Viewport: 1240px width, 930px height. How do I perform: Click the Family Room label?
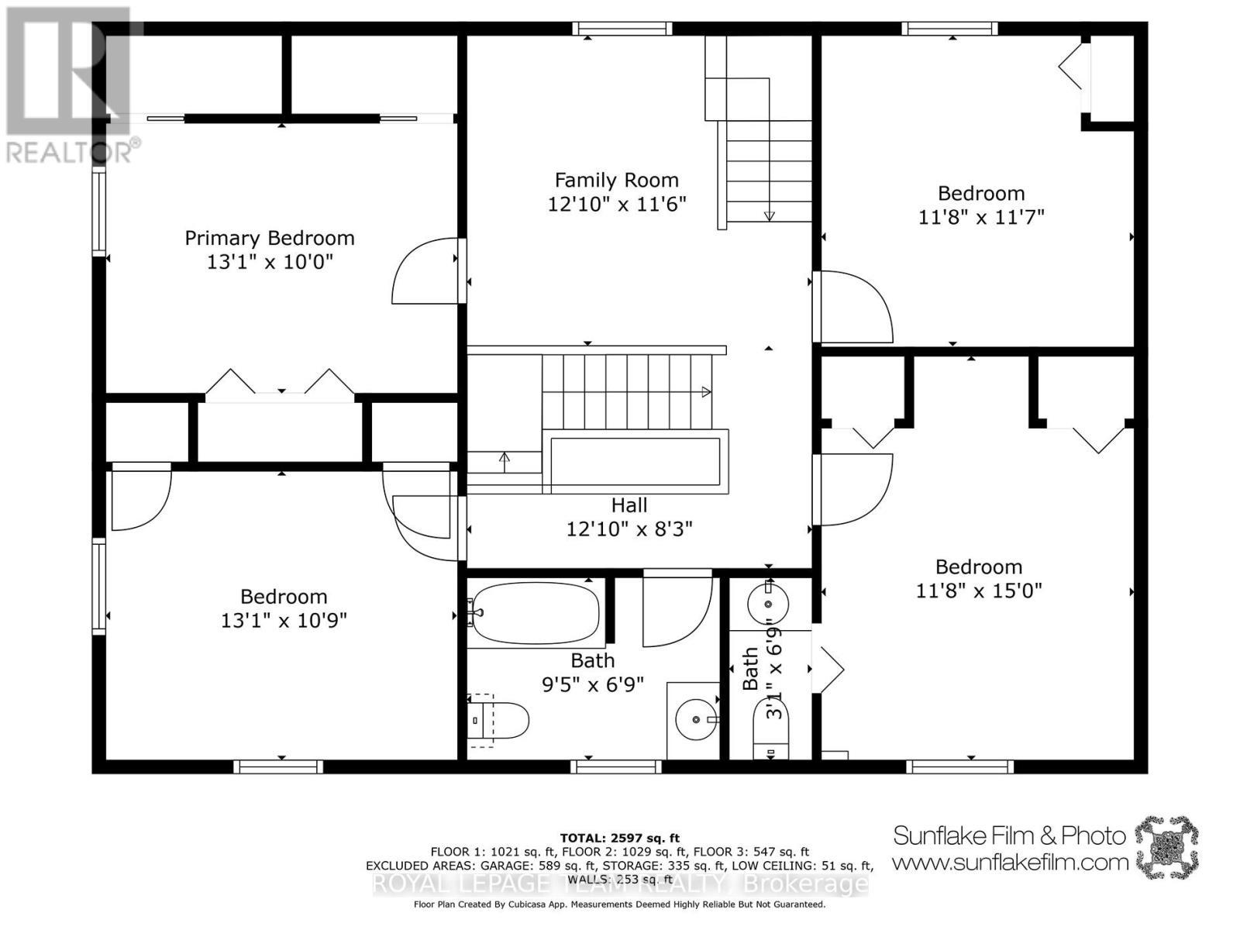click(616, 181)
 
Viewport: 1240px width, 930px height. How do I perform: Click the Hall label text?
click(629, 505)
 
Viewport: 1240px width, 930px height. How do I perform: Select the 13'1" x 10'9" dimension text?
click(283, 621)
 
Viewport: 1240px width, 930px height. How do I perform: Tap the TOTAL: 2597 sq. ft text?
click(619, 838)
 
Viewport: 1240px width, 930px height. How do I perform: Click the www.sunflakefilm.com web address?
click(1010, 862)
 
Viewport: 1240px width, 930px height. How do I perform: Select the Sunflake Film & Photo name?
click(1009, 835)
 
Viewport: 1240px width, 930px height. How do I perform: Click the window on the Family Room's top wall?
click(622, 29)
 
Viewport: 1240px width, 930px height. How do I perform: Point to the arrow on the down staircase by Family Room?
click(769, 215)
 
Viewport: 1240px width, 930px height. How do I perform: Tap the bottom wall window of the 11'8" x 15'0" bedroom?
click(959, 766)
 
